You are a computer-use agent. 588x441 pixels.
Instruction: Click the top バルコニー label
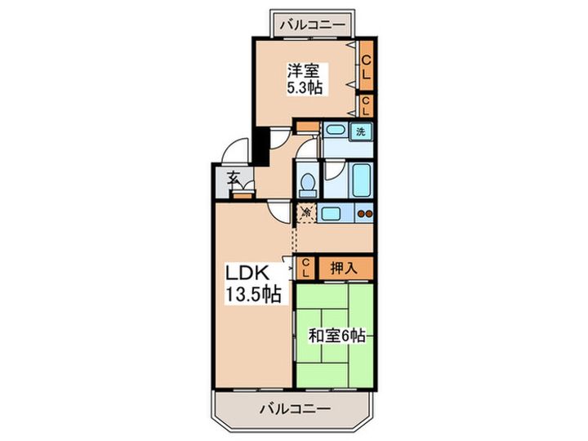coord(314,23)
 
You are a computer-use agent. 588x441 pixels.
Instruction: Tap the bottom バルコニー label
coord(295,407)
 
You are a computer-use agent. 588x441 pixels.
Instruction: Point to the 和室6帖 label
coord(336,335)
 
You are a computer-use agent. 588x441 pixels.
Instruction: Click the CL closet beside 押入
coord(305,266)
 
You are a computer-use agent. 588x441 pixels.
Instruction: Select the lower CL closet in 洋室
coord(367,105)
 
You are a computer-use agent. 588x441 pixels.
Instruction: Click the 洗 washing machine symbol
coord(360,131)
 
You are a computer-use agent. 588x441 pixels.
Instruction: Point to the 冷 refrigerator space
coord(305,213)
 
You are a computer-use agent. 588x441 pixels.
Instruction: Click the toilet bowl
coord(306,183)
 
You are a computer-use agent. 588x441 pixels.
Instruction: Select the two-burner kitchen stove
coord(363,214)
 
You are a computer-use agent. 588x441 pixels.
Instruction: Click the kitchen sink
coord(331,214)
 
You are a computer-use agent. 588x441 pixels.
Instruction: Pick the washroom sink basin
coord(334,131)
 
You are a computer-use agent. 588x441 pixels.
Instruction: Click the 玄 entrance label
coord(234,178)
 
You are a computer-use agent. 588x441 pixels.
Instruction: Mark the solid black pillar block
coord(259,145)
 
